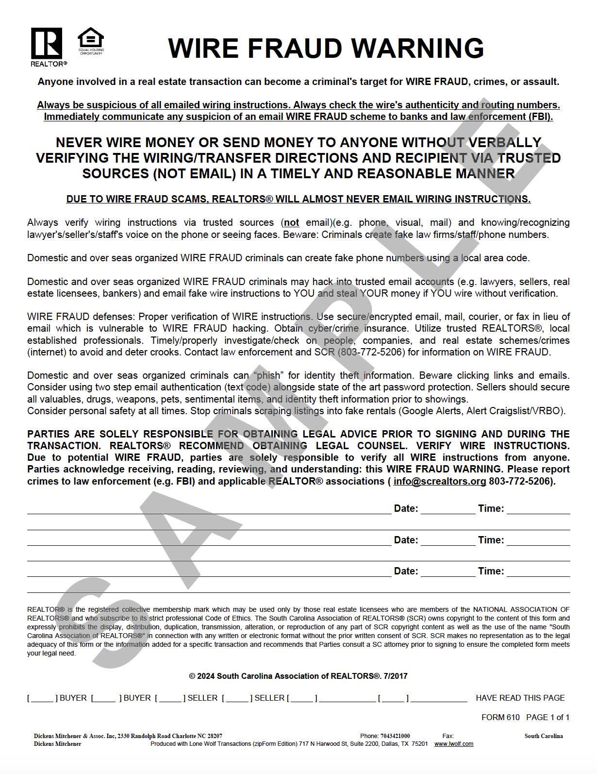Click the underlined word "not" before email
pyautogui.click(x=291, y=223)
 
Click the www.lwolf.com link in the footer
pyautogui.click(x=453, y=744)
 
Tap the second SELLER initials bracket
pyautogui.click(x=237, y=698)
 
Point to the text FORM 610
pyautogui.click(x=500, y=717)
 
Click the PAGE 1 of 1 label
pyautogui.click(x=547, y=717)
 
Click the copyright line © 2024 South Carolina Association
pyautogui.click(x=298, y=676)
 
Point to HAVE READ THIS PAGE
pyautogui.click(x=520, y=698)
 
